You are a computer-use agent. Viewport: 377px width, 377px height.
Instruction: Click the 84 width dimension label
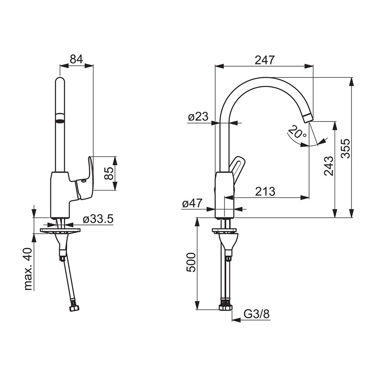pyautogui.click(x=77, y=59)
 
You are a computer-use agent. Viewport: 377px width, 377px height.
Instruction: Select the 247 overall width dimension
pyautogui.click(x=264, y=60)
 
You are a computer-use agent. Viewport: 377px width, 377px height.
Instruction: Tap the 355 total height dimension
pyautogui.click(x=346, y=148)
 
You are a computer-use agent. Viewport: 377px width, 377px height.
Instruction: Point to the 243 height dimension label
pyautogui.click(x=329, y=166)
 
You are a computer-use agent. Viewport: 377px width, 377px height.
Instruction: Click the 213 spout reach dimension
pyautogui.click(x=265, y=191)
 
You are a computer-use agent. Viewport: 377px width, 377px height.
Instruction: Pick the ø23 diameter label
pyautogui.click(x=198, y=117)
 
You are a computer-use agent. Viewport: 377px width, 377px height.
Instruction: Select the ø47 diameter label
pyautogui.click(x=192, y=204)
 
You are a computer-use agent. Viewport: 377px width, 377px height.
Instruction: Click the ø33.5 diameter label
pyautogui.click(x=98, y=219)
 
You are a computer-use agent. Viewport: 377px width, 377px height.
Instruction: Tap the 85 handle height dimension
pyautogui.click(x=109, y=173)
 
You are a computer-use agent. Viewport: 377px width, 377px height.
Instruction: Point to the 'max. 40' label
pyautogui.click(x=28, y=269)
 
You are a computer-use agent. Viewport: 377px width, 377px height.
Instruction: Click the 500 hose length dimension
pyautogui.click(x=191, y=262)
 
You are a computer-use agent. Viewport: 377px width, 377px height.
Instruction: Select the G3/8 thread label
pyautogui.click(x=257, y=314)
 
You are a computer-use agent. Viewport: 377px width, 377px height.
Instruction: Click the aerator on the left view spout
pyautogui.click(x=60, y=118)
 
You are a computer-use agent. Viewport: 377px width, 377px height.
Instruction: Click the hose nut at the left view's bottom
pyautogui.click(x=75, y=308)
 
